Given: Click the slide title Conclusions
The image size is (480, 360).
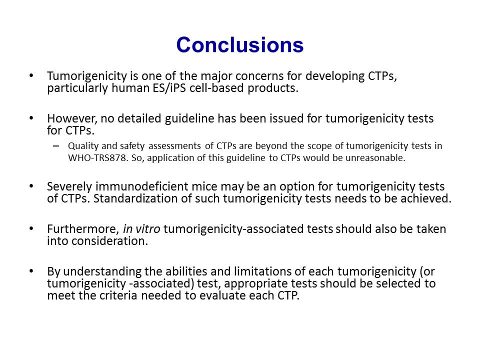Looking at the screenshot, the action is tap(239, 44).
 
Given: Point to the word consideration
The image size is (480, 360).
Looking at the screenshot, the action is tap(110, 241).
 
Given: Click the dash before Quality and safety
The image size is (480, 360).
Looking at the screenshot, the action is tap(55, 145).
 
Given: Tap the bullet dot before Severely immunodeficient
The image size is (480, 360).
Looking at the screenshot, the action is tap(31, 186).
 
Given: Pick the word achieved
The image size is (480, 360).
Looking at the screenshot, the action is tap(426, 198).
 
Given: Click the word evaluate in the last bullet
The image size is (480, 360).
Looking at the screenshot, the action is tap(222, 295).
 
